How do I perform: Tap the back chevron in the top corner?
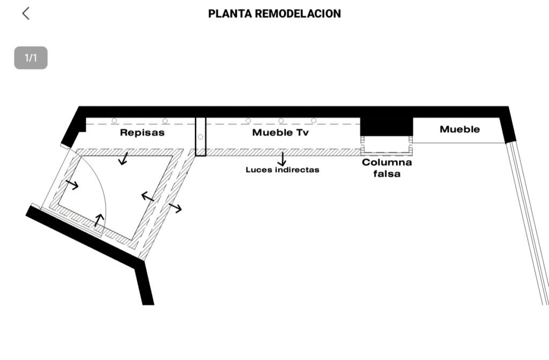26,13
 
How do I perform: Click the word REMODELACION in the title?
298,13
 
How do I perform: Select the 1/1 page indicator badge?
31,58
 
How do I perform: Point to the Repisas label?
142,133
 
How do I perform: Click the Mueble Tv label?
280,133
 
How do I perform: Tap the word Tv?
303,133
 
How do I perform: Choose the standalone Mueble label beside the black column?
459,129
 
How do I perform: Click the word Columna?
387,163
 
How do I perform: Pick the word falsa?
387,173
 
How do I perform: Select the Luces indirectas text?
283,170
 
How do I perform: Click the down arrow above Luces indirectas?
282,159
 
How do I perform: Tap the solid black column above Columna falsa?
387,127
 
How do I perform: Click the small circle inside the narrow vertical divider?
201,137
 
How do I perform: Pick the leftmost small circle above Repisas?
114,121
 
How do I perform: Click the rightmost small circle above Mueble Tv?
314,121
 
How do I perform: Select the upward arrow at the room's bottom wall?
99,220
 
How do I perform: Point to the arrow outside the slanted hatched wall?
175,208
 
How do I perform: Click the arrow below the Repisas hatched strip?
123,158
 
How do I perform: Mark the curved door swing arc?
99,182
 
